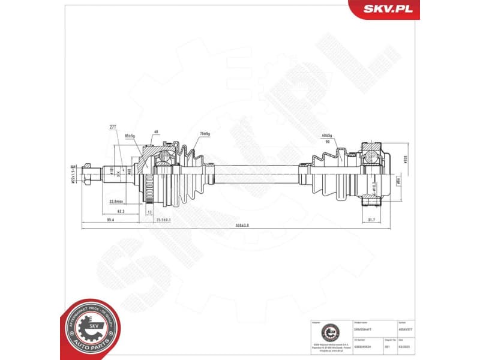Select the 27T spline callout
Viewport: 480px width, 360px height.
click(x=112, y=127)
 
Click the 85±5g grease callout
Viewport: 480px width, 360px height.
click(x=130, y=136)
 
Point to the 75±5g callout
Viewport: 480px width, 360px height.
click(x=205, y=133)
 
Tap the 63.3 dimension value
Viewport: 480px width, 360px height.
click(x=121, y=211)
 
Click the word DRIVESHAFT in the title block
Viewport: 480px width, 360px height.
click(x=364, y=329)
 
